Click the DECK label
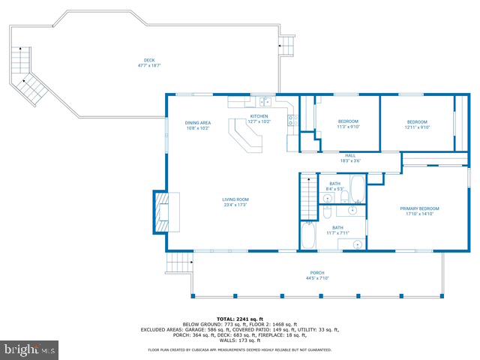click(x=148, y=61)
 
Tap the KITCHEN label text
click(x=259, y=116)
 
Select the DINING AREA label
click(x=198, y=122)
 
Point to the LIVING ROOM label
click(x=235, y=199)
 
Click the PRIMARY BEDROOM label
click(x=419, y=208)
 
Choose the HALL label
click(x=350, y=155)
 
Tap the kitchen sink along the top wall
click(x=264, y=101)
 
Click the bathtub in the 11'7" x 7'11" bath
click(x=308, y=236)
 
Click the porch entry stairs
click(x=177, y=262)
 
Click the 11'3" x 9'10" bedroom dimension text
click(x=348, y=127)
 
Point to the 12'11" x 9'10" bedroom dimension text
click(x=417, y=127)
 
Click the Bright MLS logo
click(x=30, y=349)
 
